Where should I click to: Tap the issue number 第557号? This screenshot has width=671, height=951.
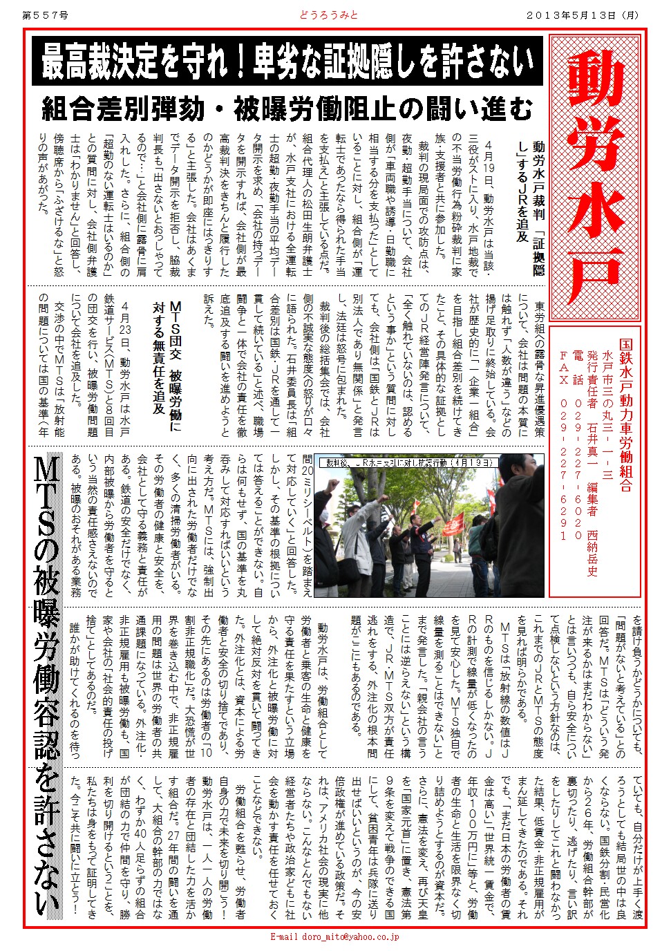click(x=46, y=15)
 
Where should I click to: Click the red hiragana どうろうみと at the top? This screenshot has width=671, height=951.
click(x=328, y=15)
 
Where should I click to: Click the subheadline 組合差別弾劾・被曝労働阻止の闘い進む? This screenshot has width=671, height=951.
click(x=287, y=109)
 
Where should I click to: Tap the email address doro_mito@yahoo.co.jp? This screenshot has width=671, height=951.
click(x=334, y=936)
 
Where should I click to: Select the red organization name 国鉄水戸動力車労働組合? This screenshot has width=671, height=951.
click(x=625, y=415)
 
